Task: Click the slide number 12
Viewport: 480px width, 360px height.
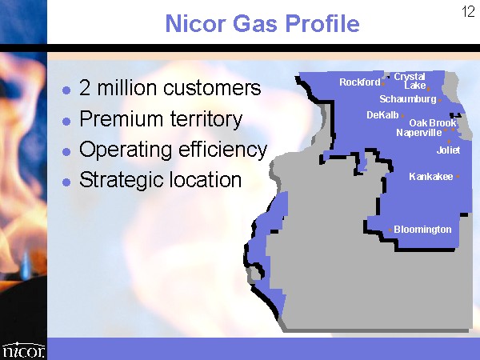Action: pyautogui.click(x=468, y=12)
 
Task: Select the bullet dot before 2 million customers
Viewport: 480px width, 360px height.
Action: pyautogui.click(x=66, y=90)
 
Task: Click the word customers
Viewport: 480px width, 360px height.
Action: pyautogui.click(x=212, y=88)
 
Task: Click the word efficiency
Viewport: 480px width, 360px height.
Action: pyautogui.click(x=223, y=150)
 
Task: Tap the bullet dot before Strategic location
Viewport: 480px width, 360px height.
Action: pyautogui.click(x=66, y=182)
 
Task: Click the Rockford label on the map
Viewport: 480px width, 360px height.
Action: pyautogui.click(x=360, y=82)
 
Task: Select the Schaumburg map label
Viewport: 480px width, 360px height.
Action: pyautogui.click(x=408, y=99)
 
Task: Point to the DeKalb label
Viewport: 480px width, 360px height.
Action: pyautogui.click(x=382, y=115)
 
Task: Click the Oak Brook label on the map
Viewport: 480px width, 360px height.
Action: pyautogui.click(x=433, y=123)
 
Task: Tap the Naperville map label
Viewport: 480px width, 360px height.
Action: pyautogui.click(x=418, y=133)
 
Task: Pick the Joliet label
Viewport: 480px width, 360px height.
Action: pyautogui.click(x=448, y=150)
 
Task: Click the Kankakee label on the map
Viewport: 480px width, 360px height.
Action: pyautogui.click(x=431, y=177)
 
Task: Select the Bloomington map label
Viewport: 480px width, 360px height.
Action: pyautogui.click(x=422, y=230)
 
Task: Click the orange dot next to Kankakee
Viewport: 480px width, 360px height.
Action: pyautogui.click(x=458, y=176)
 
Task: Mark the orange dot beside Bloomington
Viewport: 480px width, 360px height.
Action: pyautogui.click(x=390, y=230)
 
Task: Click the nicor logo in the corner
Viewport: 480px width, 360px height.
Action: pyautogui.click(x=23, y=350)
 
